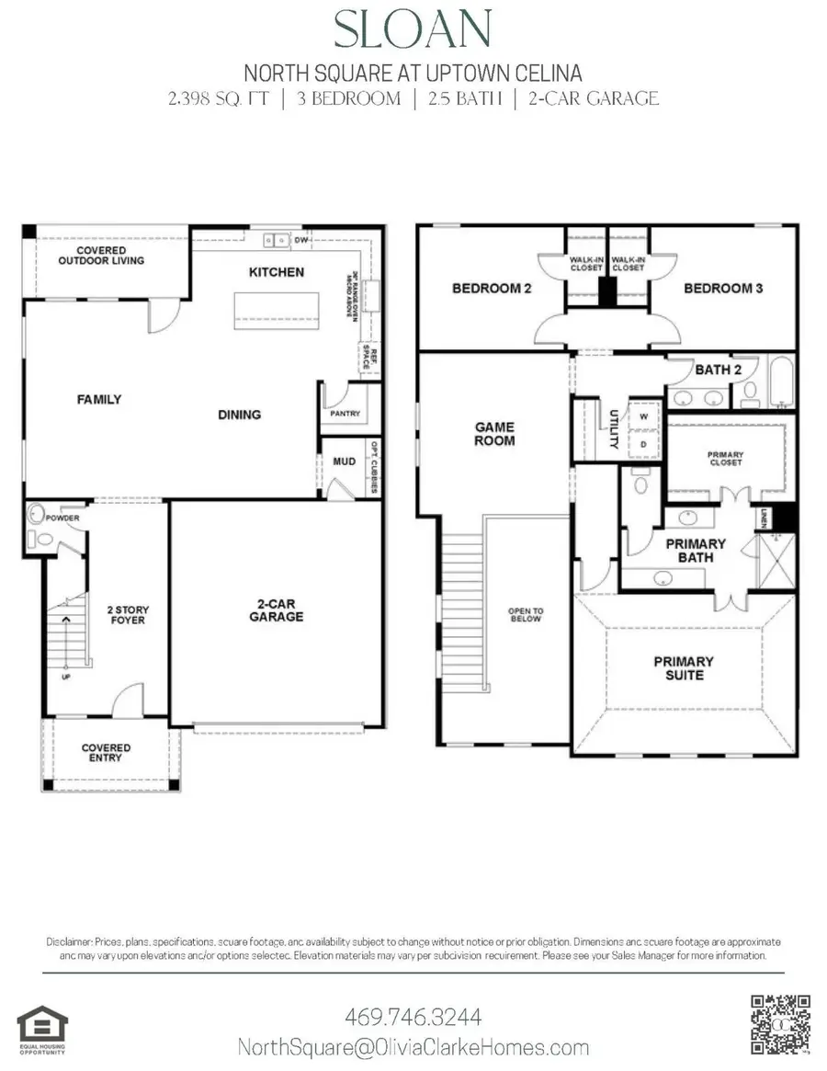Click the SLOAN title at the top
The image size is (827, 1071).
413,31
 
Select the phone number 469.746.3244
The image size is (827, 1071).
413,1018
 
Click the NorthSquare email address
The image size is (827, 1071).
413,1047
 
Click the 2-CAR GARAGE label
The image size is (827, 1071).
276,610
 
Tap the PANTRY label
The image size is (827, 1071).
346,415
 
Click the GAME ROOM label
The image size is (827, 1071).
494,434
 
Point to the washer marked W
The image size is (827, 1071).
642,416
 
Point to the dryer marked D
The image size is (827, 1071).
642,443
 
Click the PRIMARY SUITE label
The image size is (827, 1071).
683,667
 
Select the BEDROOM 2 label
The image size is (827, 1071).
492,289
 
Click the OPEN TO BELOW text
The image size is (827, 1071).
526,614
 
